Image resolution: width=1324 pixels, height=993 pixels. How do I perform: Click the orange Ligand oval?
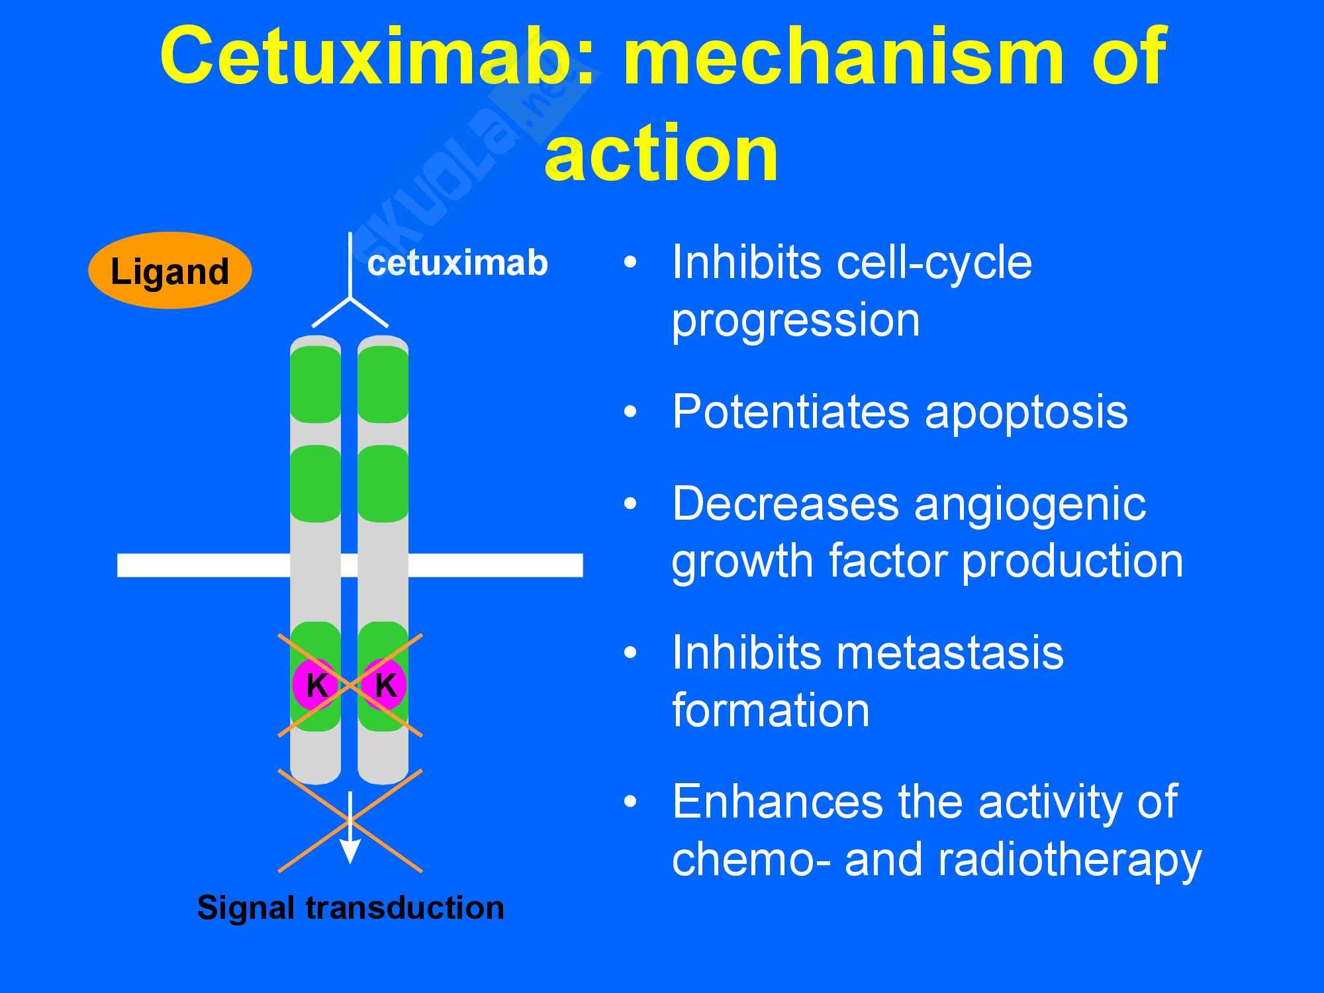pos(169,271)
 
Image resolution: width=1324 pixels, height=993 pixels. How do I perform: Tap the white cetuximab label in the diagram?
pos(457,263)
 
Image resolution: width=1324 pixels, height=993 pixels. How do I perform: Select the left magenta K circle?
pos(316,685)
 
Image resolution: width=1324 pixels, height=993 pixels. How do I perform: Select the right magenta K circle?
pos(385,685)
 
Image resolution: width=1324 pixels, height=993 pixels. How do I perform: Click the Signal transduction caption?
pos(351,908)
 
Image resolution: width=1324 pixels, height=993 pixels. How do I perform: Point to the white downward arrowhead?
pos(350,851)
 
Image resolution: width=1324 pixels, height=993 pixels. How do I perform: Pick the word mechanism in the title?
pos(833,56)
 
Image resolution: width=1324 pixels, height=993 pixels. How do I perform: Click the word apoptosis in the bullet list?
pos(1025,412)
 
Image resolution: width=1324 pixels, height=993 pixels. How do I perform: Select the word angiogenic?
pos(1029,504)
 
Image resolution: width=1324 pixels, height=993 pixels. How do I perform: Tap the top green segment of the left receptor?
pos(316,384)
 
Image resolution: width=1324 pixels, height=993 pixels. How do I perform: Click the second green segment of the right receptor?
pos(383,483)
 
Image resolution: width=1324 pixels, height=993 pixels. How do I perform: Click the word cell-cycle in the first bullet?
pos(934,263)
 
